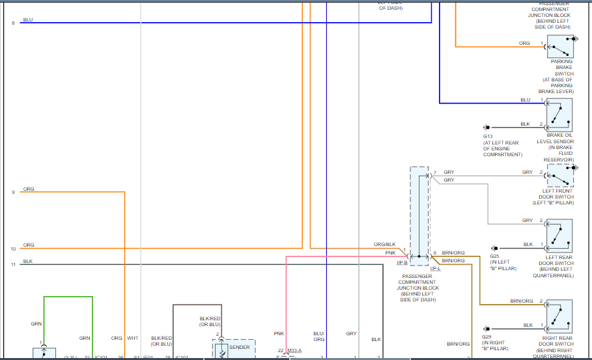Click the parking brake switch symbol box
coord(559,47)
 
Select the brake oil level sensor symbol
coord(559,115)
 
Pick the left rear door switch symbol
coord(559,236)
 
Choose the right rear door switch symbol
coord(559,316)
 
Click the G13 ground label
coord(488,137)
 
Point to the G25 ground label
coord(495,256)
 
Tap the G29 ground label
coord(486,337)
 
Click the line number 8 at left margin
coord(12,23)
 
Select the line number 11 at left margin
coord(12,265)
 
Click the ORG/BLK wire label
coord(384,245)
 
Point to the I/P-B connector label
coord(402,262)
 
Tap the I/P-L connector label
coord(435,268)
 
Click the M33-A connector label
coord(294,351)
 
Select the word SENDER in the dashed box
coord(239,347)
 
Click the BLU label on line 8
coord(27,20)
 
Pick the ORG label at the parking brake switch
coord(524,44)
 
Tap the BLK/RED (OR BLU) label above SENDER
coord(210,322)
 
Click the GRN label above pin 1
coord(36,324)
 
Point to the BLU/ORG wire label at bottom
coord(318,337)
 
